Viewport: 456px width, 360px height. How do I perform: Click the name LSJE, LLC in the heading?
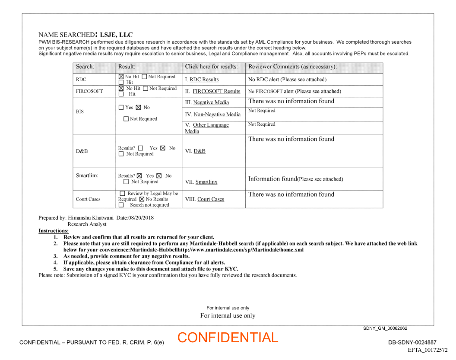pos(116,35)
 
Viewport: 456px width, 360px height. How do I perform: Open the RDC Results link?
pos(204,80)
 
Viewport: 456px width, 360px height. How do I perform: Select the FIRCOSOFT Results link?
pos(216,91)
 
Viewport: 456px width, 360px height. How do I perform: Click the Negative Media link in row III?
pos(211,102)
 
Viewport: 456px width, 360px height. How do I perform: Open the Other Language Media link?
pos(211,125)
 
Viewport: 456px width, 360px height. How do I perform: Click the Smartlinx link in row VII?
pos(206,182)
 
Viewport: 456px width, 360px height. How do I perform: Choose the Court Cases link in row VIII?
pos(211,199)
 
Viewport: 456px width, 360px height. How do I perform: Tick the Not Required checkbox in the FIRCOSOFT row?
pos(145,89)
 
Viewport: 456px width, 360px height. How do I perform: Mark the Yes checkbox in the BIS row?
pos(121,108)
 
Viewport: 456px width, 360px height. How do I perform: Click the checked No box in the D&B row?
pos(163,148)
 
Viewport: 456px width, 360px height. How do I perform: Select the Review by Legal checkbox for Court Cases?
pos(123,194)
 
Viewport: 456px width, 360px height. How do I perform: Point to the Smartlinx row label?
pos(87,175)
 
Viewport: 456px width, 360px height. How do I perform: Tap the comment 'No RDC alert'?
pos(287,80)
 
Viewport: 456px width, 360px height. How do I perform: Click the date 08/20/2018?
pos(141,218)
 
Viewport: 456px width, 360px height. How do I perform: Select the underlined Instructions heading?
pos(54,231)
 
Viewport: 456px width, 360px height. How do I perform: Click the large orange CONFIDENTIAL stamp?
pos(228,338)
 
